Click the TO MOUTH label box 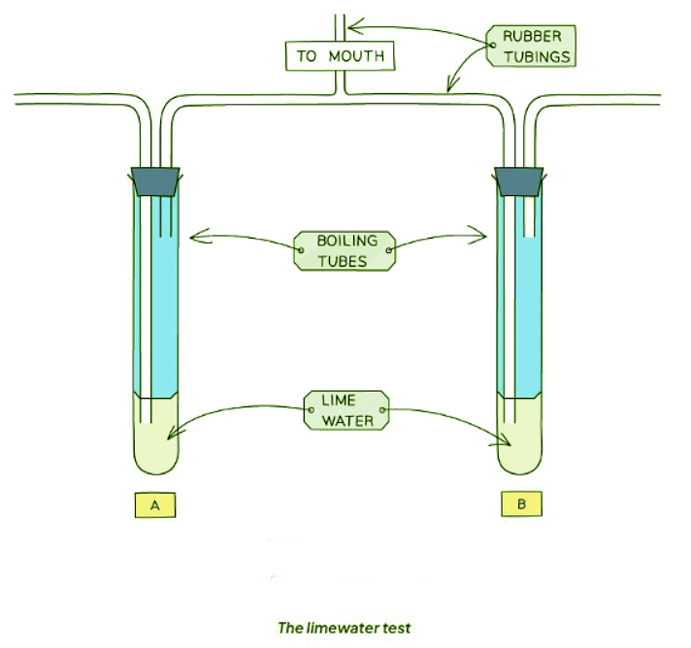click(341, 55)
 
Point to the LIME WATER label click(346, 411)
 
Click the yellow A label click(155, 505)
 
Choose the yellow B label click(521, 505)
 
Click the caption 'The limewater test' click(345, 628)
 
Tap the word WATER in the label click(346, 421)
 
